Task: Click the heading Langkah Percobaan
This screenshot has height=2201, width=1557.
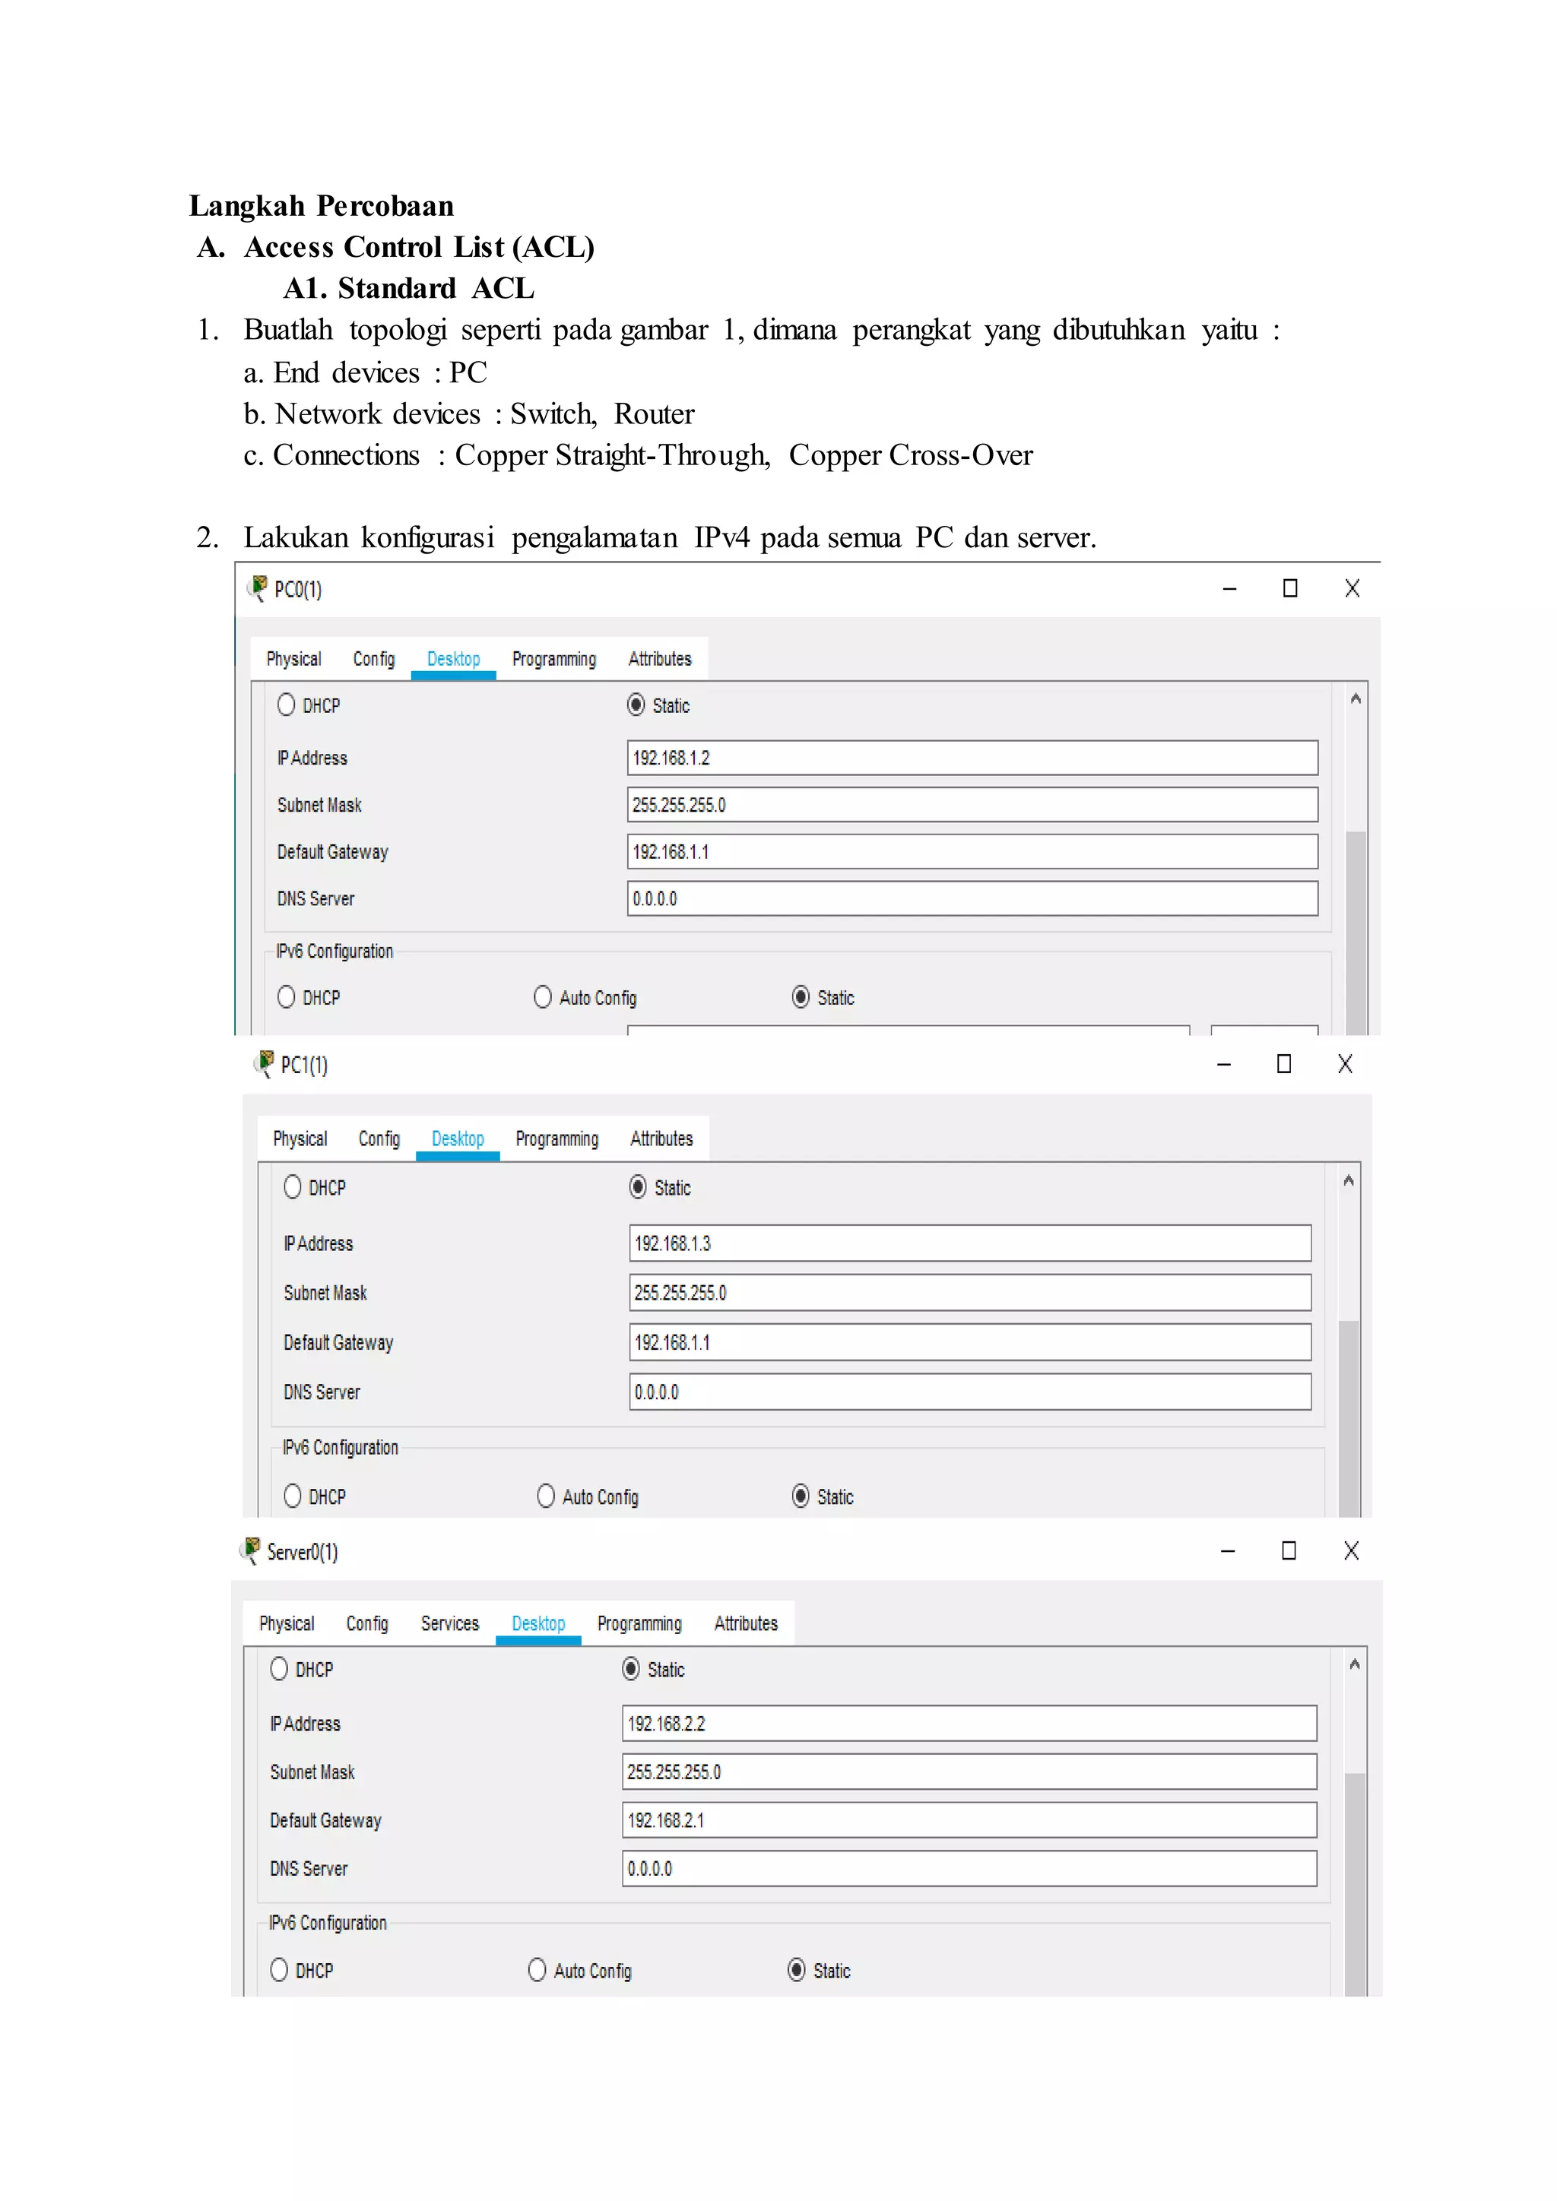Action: click(321, 206)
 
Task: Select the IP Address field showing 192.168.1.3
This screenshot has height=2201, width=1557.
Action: click(969, 1243)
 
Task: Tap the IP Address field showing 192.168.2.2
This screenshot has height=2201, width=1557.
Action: click(969, 1724)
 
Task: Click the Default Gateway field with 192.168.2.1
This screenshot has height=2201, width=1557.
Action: click(969, 1820)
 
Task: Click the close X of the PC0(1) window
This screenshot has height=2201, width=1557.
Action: click(1352, 588)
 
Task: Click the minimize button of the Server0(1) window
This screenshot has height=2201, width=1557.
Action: click(1227, 1551)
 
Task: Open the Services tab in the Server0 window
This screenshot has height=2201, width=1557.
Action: click(449, 1624)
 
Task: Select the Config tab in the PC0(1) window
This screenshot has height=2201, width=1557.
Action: click(374, 660)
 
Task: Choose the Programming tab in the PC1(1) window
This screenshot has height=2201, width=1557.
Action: click(556, 1139)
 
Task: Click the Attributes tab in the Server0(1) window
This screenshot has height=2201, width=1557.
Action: click(745, 1624)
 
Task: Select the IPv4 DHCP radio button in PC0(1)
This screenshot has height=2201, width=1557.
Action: click(287, 705)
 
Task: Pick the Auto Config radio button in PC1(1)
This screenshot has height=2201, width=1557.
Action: click(546, 1496)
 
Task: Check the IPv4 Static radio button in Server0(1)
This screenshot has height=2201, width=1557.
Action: click(631, 1669)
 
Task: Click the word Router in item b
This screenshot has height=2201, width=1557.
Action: click(654, 414)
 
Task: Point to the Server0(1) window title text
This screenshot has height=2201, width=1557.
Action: click(302, 1552)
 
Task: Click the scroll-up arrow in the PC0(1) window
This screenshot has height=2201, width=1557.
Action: click(1355, 699)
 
